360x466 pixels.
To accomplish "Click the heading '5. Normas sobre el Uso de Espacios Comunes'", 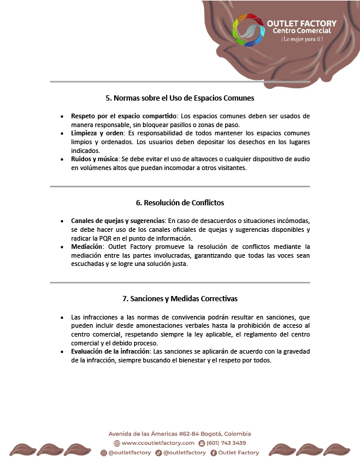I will tap(179, 98).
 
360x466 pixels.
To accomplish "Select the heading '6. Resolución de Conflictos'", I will tap(179, 202).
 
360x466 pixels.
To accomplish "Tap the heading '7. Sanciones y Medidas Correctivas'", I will tap(179, 298).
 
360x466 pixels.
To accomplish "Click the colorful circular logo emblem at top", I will tap(248, 31).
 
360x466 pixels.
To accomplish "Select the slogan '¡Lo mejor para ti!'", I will tap(302, 39).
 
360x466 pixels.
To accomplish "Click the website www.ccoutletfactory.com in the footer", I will tap(158, 443).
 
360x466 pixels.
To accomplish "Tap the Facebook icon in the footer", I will tap(214, 452).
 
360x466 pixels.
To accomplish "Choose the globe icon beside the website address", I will tap(116, 443).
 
